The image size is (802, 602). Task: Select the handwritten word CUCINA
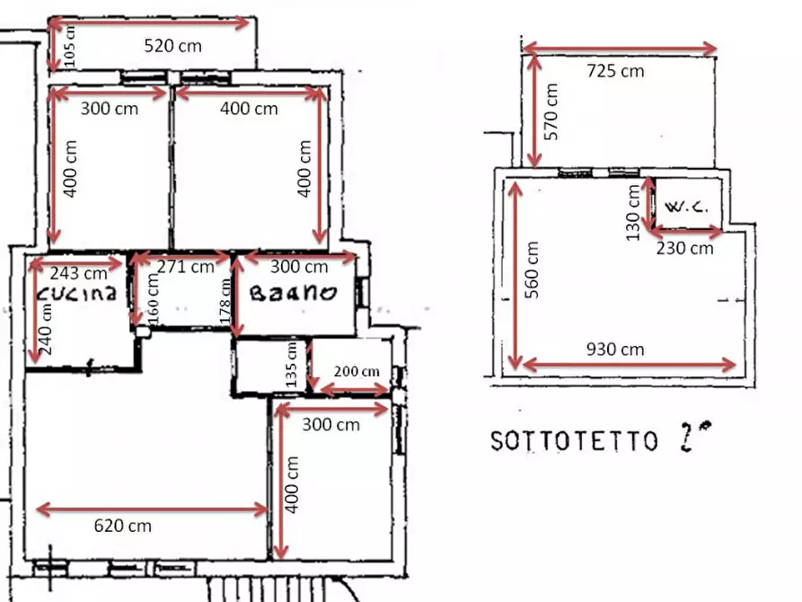[x=77, y=294]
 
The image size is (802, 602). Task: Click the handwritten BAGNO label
[x=292, y=293]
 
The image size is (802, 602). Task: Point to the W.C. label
[x=687, y=206]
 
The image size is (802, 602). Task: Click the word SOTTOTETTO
[x=574, y=441]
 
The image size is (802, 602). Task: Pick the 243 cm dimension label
[x=78, y=271]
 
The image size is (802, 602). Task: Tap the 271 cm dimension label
[x=186, y=266]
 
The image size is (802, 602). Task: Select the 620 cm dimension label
[x=123, y=526]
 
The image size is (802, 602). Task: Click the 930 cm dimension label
[x=615, y=349]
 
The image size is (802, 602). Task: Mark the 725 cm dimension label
[x=615, y=70]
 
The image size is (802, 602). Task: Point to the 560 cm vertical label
[x=533, y=270]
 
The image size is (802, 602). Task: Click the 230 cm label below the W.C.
[x=684, y=248]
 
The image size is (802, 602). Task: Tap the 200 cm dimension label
[x=357, y=371]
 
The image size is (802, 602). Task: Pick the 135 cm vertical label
[x=291, y=365]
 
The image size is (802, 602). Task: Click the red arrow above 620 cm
[x=152, y=509]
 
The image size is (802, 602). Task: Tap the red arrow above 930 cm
[x=629, y=364]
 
